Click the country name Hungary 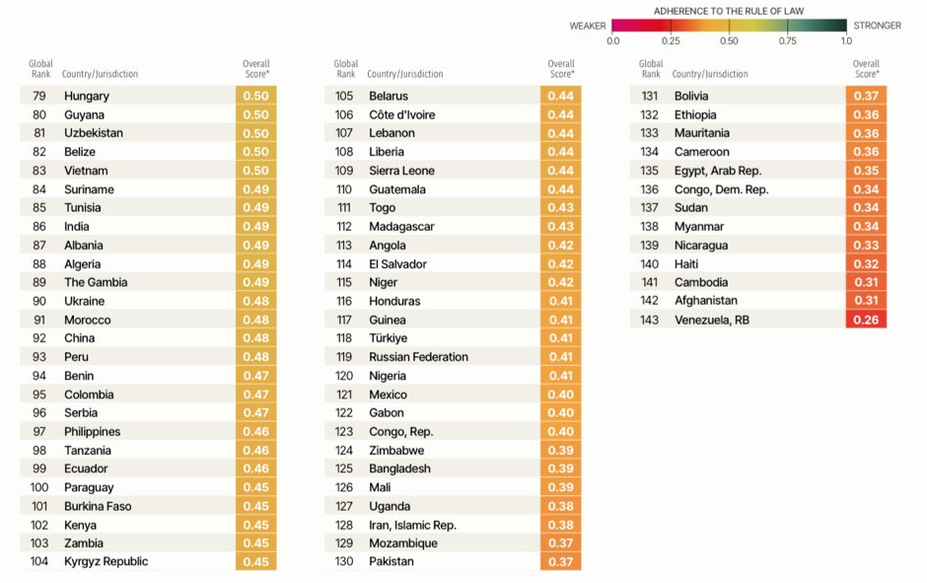pyautogui.click(x=87, y=96)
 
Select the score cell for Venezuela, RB pyautogui.click(x=866, y=320)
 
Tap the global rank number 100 pyautogui.click(x=39, y=487)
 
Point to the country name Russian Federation pyautogui.click(x=418, y=357)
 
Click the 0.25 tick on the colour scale pyautogui.click(x=671, y=40)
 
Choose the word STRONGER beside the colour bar pyautogui.click(x=877, y=26)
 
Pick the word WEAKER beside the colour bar pyautogui.click(x=588, y=26)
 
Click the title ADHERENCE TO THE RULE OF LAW pyautogui.click(x=729, y=11)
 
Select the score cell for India pyautogui.click(x=255, y=226)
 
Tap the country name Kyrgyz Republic pyautogui.click(x=106, y=561)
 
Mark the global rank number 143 pyautogui.click(x=649, y=320)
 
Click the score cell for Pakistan pyautogui.click(x=560, y=561)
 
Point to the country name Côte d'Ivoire pyautogui.click(x=401, y=114)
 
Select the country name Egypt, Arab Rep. pyautogui.click(x=717, y=171)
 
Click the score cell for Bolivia pyautogui.click(x=866, y=96)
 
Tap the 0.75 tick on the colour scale pyautogui.click(x=788, y=40)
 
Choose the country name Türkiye pyautogui.click(x=388, y=338)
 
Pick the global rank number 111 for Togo pyautogui.click(x=344, y=208)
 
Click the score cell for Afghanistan pyautogui.click(x=866, y=301)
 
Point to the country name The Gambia pyautogui.click(x=96, y=282)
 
